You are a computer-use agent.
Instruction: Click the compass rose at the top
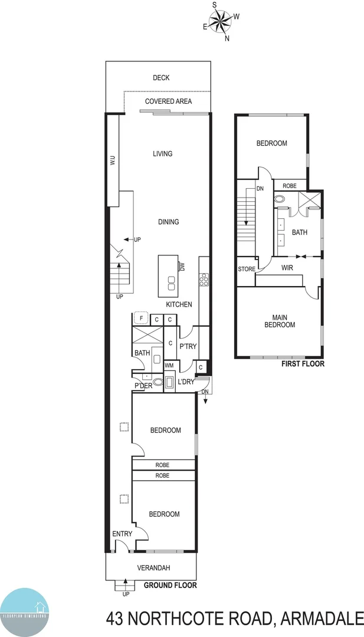coord(221,22)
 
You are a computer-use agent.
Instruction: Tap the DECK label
coord(161,78)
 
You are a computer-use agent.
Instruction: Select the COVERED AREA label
coord(169,101)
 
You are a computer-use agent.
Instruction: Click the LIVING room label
coord(162,154)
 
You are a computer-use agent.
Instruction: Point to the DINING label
coord(168,222)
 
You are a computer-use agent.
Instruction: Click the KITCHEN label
coord(179,304)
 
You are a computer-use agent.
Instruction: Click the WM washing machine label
coord(169,366)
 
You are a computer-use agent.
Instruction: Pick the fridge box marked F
coord(140,319)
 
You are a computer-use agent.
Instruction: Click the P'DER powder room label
coord(144,386)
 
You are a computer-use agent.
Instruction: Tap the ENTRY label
coord(122,534)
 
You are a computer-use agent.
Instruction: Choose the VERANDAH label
coord(154,568)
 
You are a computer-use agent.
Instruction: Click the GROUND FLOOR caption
coord(170,586)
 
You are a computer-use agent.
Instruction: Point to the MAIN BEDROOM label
coord(279,321)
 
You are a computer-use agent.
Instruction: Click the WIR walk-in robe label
coord(288,268)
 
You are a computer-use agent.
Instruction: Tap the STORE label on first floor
coord(247,269)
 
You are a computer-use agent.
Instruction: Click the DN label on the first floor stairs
coord(260,189)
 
